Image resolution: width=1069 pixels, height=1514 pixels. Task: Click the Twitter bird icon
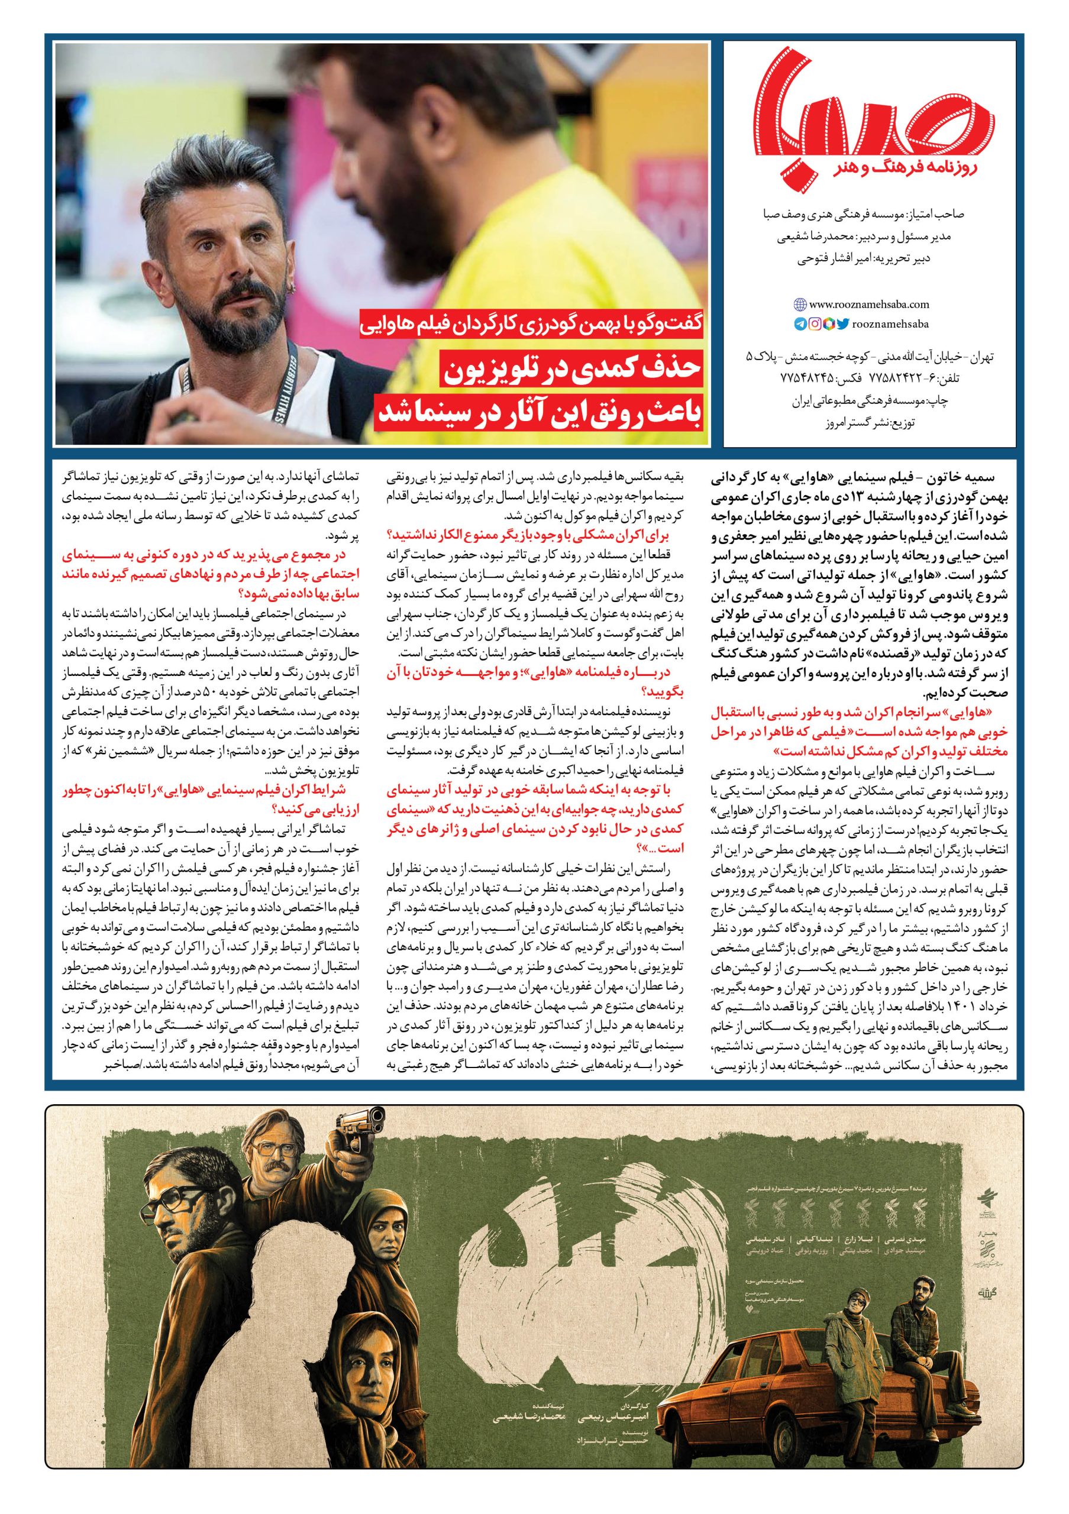tap(844, 323)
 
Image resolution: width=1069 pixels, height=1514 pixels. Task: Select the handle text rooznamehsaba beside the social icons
tap(890, 323)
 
